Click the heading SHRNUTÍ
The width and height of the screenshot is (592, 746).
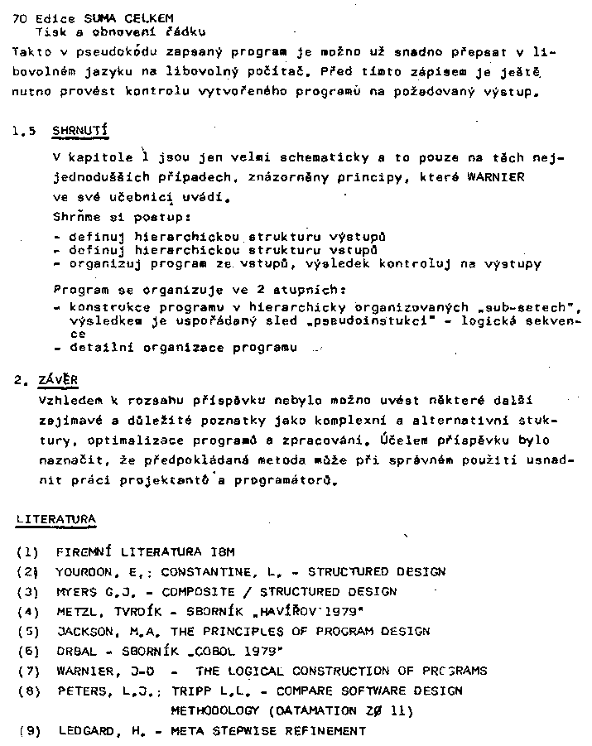[79, 131]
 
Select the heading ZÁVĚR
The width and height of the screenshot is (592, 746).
[57, 380]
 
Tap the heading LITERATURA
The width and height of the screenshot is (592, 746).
[55, 519]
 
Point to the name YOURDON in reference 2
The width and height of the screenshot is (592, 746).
[84, 571]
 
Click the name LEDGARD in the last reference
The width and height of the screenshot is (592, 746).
[87, 731]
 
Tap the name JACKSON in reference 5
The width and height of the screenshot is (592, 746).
[84, 631]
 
